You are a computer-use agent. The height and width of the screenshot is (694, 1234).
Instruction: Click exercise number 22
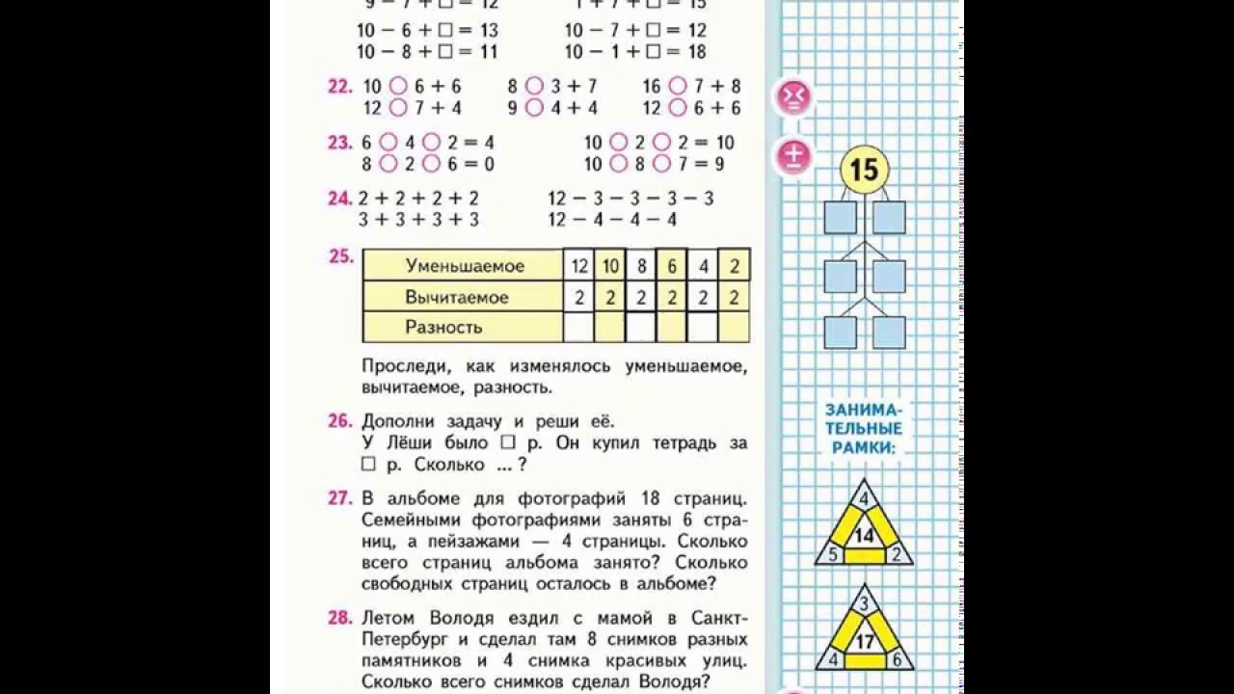339,87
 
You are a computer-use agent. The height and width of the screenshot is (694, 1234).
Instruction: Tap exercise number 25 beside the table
339,257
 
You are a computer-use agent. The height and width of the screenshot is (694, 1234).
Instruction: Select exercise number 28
339,618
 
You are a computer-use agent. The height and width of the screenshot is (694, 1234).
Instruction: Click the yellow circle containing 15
864,171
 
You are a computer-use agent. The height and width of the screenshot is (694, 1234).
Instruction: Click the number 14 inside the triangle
864,536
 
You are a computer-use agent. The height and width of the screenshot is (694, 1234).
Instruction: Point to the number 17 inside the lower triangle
864,640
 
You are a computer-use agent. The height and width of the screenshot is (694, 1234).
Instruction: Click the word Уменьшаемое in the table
465,266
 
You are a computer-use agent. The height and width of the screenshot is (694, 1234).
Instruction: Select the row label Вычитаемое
456,297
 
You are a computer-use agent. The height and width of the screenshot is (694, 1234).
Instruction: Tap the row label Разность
443,327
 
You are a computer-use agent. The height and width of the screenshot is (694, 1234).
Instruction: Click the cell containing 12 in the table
578,266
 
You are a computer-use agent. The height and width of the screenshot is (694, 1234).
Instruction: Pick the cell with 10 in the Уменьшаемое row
610,266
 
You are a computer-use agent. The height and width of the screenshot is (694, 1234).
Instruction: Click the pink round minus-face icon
793,96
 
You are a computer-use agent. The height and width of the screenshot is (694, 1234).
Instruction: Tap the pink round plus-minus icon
793,156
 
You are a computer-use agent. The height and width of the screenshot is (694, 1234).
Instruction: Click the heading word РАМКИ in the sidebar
864,446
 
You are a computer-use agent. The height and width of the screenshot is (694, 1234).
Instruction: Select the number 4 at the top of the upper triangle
864,498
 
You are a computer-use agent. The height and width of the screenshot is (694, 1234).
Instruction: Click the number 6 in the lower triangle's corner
896,660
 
